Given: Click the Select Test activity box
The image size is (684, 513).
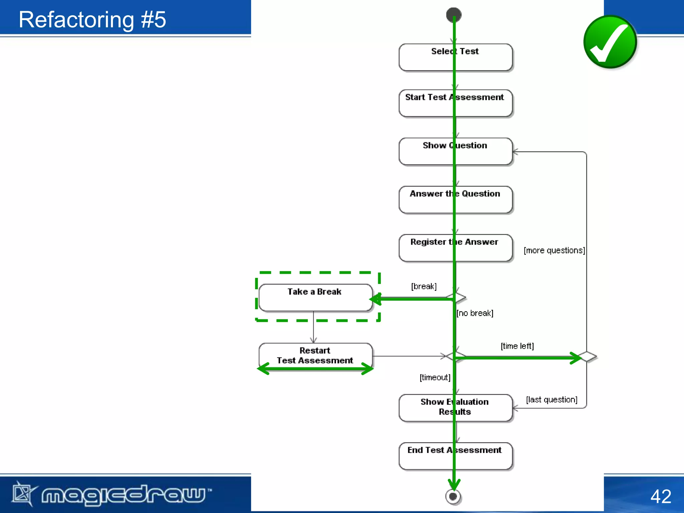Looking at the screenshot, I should click(455, 57).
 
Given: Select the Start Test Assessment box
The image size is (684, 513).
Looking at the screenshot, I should click(455, 103).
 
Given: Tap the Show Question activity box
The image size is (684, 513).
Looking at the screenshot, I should click(455, 151).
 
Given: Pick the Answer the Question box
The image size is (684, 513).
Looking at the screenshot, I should click(455, 200).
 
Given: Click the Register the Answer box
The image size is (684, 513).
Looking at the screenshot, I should click(455, 248).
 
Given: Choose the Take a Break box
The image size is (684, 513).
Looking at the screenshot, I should click(315, 298).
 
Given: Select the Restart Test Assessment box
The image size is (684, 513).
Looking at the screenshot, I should click(315, 356).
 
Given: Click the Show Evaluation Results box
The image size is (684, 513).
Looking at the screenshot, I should click(455, 407).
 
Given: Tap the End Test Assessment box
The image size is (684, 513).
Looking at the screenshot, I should click(455, 456).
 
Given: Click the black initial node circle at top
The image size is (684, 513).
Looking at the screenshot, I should click(454, 15).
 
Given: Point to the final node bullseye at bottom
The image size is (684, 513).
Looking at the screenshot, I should click(453, 497).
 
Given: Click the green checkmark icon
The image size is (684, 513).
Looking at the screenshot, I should click(610, 42).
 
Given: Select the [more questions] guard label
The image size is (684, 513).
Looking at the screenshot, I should click(554, 250).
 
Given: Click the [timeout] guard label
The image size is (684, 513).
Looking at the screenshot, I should click(435, 377).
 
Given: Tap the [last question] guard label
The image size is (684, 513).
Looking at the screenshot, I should click(551, 400).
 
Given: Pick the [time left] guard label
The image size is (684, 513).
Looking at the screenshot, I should click(517, 346).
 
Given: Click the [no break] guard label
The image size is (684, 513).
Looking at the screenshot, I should click(475, 313).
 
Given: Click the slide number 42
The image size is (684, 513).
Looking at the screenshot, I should click(660, 496).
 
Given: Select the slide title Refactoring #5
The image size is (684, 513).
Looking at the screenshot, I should click(92, 19).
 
